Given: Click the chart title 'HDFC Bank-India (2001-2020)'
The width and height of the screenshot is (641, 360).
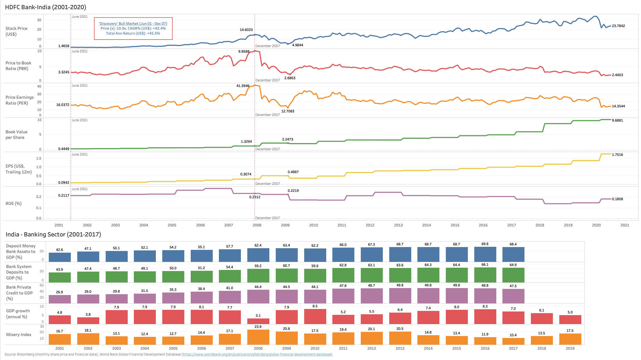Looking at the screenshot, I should [45, 7].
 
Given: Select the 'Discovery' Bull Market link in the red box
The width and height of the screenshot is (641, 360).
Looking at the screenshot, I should [133, 24].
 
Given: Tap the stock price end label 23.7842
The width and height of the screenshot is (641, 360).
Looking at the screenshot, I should [618, 26].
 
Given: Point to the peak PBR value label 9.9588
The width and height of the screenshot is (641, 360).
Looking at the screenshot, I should [244, 52].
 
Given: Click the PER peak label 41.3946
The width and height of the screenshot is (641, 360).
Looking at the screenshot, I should [243, 86].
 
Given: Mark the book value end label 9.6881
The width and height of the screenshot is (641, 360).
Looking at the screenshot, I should [617, 120].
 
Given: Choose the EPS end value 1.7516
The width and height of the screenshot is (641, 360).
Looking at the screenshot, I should [617, 155].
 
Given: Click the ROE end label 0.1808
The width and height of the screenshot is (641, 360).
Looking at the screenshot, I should [617, 199].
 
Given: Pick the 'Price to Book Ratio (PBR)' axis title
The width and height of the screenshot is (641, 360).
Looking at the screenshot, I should [18, 66].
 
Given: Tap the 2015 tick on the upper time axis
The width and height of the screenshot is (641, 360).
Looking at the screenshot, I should [455, 225].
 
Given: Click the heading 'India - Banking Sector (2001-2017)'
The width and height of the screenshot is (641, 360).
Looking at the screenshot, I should [53, 235].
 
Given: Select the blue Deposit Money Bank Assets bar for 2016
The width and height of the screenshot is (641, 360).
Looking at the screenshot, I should [485, 254].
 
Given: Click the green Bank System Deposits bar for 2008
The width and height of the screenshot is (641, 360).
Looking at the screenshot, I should [258, 276].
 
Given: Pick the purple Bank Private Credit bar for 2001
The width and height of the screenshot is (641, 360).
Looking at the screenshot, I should [60, 299].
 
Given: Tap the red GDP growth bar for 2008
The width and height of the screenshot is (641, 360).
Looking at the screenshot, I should [258, 321].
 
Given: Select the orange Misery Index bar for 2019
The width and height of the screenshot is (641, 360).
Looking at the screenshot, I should [570, 339].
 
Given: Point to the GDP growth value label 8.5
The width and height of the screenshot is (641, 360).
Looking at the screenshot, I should [315, 306].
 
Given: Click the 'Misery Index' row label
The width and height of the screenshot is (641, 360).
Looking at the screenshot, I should [19, 335].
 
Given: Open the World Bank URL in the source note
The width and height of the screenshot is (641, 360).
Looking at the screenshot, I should [257, 354].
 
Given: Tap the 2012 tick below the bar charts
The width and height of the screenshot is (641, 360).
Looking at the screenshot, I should [371, 349].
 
